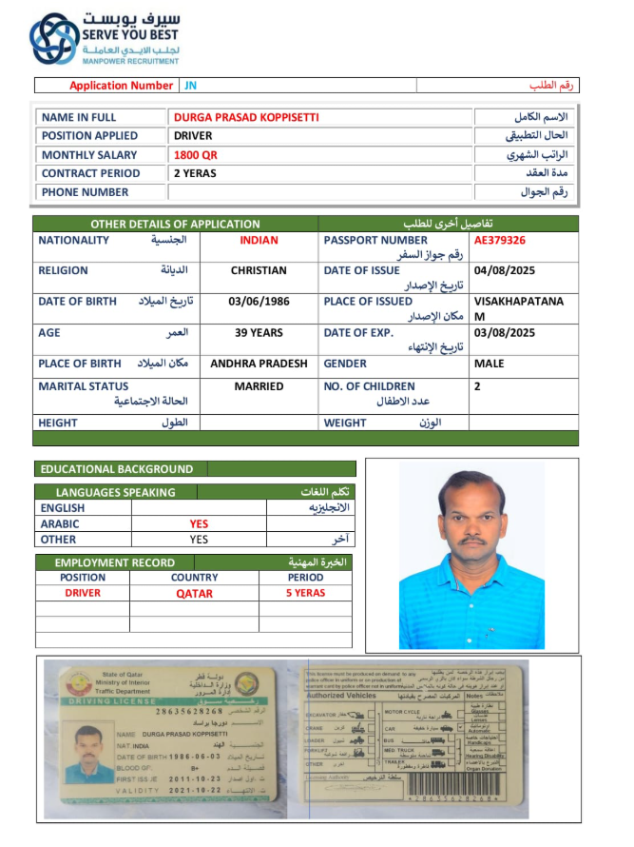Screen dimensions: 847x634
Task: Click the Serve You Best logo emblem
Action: click(54, 39)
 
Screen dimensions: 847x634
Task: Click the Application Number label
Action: click(122, 86)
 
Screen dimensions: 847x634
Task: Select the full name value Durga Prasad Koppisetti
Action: click(246, 117)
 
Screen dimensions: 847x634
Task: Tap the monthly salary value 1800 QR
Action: click(196, 155)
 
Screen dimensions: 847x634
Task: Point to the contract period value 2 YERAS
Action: click(195, 173)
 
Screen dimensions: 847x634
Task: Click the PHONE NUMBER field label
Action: click(86, 192)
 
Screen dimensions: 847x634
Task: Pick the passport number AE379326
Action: click(500, 241)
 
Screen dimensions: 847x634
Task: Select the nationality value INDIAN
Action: click(259, 241)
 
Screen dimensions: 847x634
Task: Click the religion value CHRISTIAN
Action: click(259, 271)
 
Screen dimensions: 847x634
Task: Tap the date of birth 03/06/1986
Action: click(259, 302)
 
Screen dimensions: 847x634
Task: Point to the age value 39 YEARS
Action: click(259, 333)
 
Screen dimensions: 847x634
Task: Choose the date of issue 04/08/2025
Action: click(505, 271)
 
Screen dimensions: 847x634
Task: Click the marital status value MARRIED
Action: click(259, 386)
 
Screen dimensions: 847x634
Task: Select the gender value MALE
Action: click(490, 364)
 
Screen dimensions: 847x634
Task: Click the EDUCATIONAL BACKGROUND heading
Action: click(118, 469)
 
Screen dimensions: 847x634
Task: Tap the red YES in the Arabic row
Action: click(199, 523)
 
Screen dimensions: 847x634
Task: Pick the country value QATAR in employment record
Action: click(194, 593)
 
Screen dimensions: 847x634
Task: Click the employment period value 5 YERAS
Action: click(305, 593)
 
